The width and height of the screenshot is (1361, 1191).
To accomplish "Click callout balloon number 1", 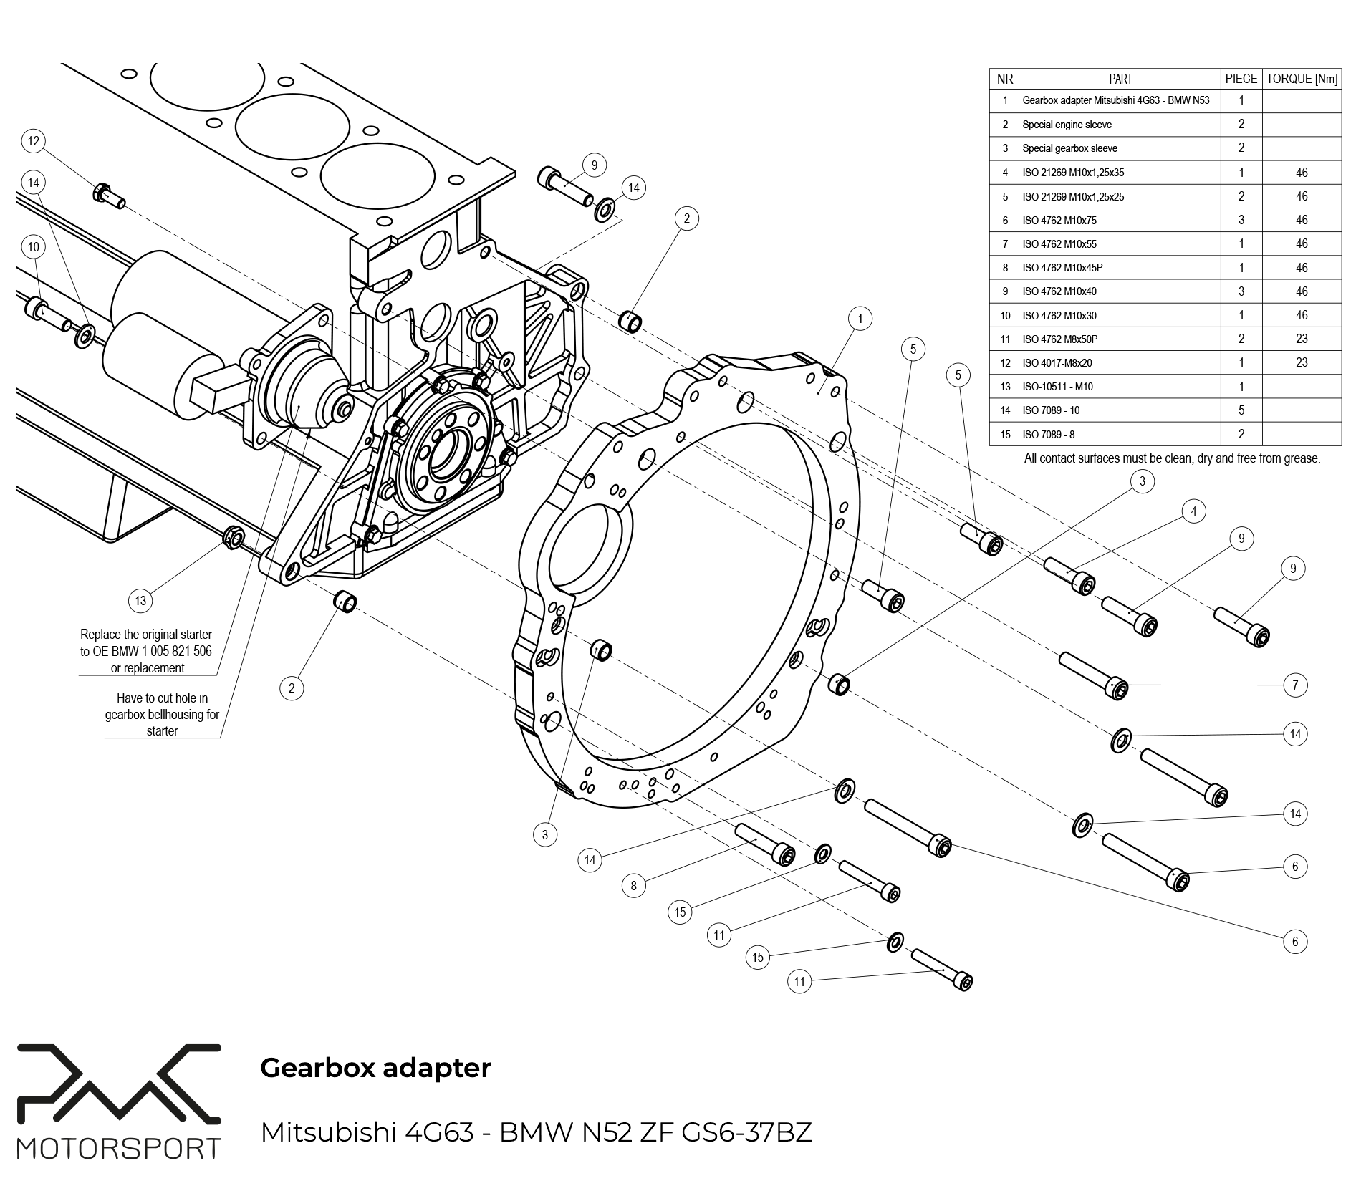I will [x=860, y=319].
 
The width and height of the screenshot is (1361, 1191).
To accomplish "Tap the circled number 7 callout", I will [x=1294, y=685].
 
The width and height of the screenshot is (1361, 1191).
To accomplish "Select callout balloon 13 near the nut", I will [x=140, y=600].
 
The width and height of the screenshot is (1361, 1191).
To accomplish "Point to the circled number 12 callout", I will [x=34, y=141].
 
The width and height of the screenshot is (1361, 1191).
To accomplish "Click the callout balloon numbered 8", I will [x=633, y=886].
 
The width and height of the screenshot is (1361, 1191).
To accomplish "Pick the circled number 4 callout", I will [x=1193, y=511].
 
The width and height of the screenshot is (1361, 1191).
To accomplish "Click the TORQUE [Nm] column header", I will [x=1301, y=79].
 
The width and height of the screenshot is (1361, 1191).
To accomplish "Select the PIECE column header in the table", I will [x=1241, y=79].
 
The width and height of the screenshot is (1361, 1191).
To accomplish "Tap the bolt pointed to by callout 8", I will [x=765, y=844].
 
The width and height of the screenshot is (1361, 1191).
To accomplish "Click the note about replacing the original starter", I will [x=146, y=651].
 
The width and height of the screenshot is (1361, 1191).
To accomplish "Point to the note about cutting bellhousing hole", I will [x=162, y=714].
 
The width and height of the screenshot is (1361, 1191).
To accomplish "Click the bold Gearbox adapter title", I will [x=375, y=1067].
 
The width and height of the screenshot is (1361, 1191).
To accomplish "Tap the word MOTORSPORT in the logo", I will [x=119, y=1149].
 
